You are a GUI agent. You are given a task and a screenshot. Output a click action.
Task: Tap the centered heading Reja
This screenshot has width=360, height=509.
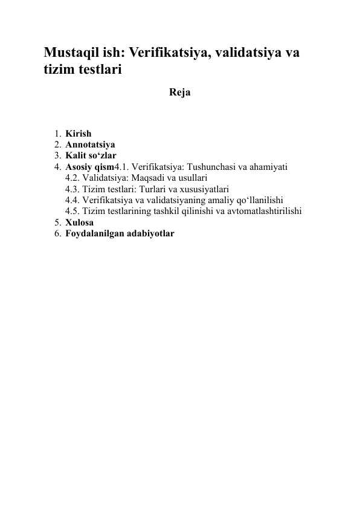pyautogui.click(x=180, y=93)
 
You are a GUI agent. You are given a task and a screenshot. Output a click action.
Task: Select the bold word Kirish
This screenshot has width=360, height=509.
pyautogui.click(x=79, y=134)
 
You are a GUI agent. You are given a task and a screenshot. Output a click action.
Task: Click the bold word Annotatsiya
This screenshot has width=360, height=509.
pyautogui.click(x=91, y=145)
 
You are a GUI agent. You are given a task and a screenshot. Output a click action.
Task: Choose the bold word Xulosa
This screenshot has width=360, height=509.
pyautogui.click(x=80, y=222)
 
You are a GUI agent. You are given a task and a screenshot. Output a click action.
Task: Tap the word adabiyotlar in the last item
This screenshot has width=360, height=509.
pyautogui.click(x=151, y=233)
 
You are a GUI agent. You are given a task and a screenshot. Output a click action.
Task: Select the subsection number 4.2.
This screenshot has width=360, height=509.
pyautogui.click(x=73, y=178)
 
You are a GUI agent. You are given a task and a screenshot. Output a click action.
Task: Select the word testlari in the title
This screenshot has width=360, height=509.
pyautogui.click(x=98, y=70)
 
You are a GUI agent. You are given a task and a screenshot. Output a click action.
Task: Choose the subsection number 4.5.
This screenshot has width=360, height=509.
pyautogui.click(x=73, y=211)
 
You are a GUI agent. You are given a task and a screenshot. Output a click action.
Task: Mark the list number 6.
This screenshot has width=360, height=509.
pyautogui.click(x=56, y=233)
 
